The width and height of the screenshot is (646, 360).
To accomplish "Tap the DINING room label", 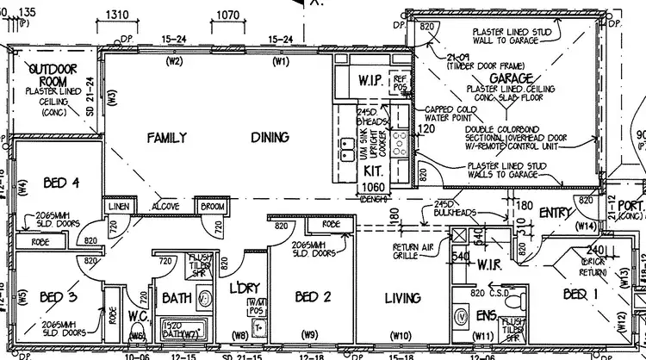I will coord(270,137).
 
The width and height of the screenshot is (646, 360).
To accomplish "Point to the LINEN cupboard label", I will coord(118,208).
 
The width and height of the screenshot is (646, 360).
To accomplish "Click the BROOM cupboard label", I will coord(213,208).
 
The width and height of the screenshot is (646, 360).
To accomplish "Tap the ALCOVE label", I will coord(165,208).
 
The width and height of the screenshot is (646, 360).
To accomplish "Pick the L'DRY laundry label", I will coord(233,287).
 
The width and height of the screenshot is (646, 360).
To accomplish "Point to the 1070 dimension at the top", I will coord(227,16).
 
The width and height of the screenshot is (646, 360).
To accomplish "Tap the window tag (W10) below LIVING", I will coord(399,336).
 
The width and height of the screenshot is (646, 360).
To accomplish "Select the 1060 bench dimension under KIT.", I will coord(373,187).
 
